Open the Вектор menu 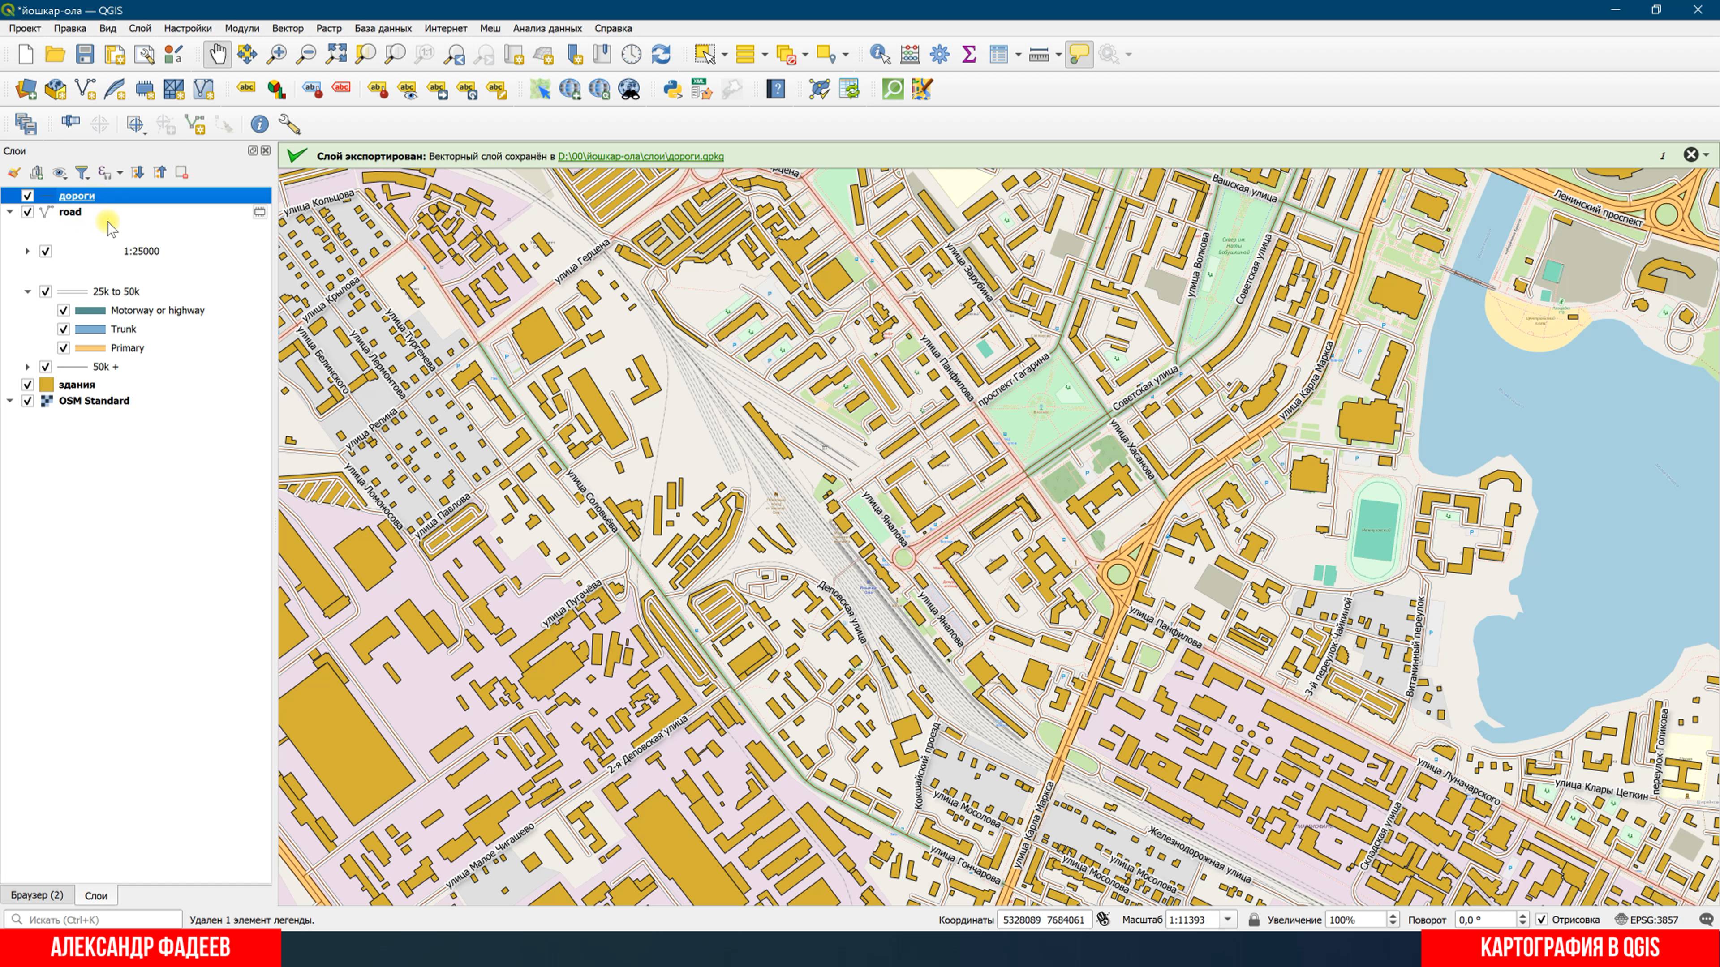click(287, 28)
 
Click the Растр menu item click(328, 28)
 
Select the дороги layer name click(77, 196)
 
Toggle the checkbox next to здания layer click(27, 385)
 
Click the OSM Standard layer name click(94, 400)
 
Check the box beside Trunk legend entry click(64, 329)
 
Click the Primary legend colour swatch click(90, 348)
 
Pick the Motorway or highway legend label click(158, 310)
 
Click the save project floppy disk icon click(85, 54)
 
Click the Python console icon click(672, 89)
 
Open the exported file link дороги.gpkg click(641, 156)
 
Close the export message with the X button click(1690, 155)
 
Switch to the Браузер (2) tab click(37, 895)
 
